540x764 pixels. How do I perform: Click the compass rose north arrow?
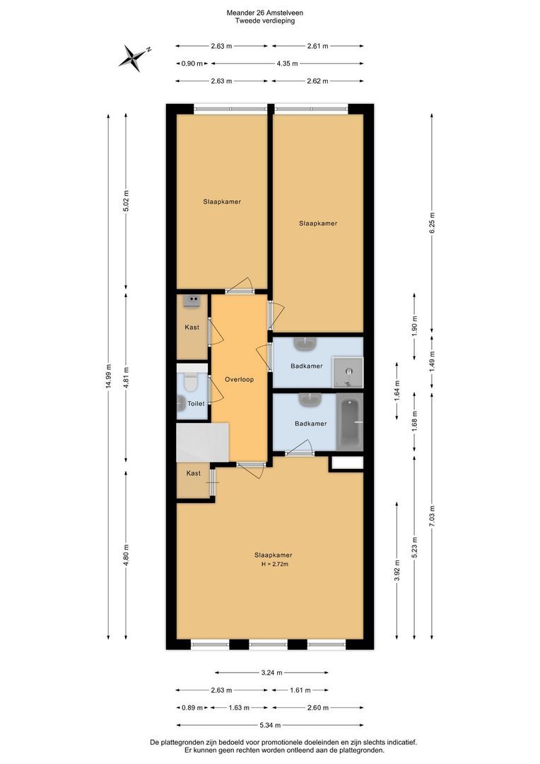pyautogui.click(x=132, y=57)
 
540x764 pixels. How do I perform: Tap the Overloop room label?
pyautogui.click(x=239, y=380)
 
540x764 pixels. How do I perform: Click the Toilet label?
pyautogui.click(x=196, y=403)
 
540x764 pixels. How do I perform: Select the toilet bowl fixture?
pyautogui.click(x=190, y=382)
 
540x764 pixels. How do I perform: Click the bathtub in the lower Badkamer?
pyautogui.click(x=350, y=422)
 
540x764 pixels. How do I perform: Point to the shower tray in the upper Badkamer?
pyautogui.click(x=348, y=373)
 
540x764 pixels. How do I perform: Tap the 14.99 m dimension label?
pyautogui.click(x=108, y=376)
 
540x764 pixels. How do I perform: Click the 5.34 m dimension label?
pyautogui.click(x=270, y=725)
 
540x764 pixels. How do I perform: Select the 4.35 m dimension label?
pyautogui.click(x=287, y=64)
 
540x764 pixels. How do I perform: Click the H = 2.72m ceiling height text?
pyautogui.click(x=275, y=565)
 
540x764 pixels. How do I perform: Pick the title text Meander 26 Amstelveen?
pyautogui.click(x=265, y=13)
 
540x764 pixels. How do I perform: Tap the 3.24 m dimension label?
pyautogui.click(x=271, y=673)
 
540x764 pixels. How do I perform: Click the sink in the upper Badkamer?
pyautogui.click(x=306, y=345)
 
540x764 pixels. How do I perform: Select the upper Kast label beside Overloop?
pyautogui.click(x=192, y=328)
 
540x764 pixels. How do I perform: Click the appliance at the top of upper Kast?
pyautogui.click(x=192, y=301)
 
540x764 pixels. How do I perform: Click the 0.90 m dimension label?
pyautogui.click(x=192, y=64)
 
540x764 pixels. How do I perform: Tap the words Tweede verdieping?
pyautogui.click(x=265, y=21)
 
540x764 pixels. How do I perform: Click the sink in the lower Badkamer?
pyautogui.click(x=310, y=400)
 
